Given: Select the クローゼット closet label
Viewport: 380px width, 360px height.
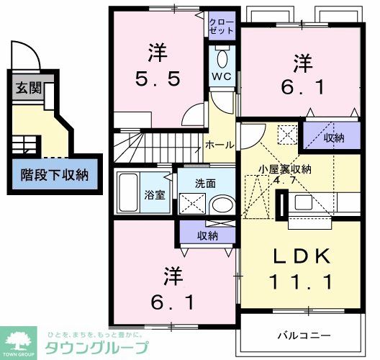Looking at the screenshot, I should (222, 27).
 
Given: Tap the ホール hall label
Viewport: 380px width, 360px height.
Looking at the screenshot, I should (220, 145).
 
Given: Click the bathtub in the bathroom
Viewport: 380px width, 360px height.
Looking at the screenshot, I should (130, 192).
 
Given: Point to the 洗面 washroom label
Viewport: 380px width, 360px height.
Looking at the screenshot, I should (205, 184).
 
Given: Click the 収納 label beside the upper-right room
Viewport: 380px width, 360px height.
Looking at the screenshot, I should (332, 137).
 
